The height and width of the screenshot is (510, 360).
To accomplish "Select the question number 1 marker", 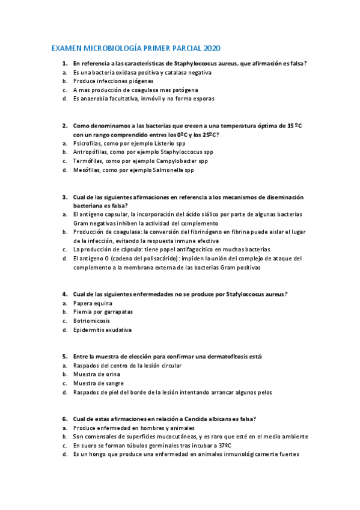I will click(x=64, y=63).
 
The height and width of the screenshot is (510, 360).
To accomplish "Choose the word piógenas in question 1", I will click(x=138, y=81).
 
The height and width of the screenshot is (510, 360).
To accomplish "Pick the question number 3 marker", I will click(x=64, y=197).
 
